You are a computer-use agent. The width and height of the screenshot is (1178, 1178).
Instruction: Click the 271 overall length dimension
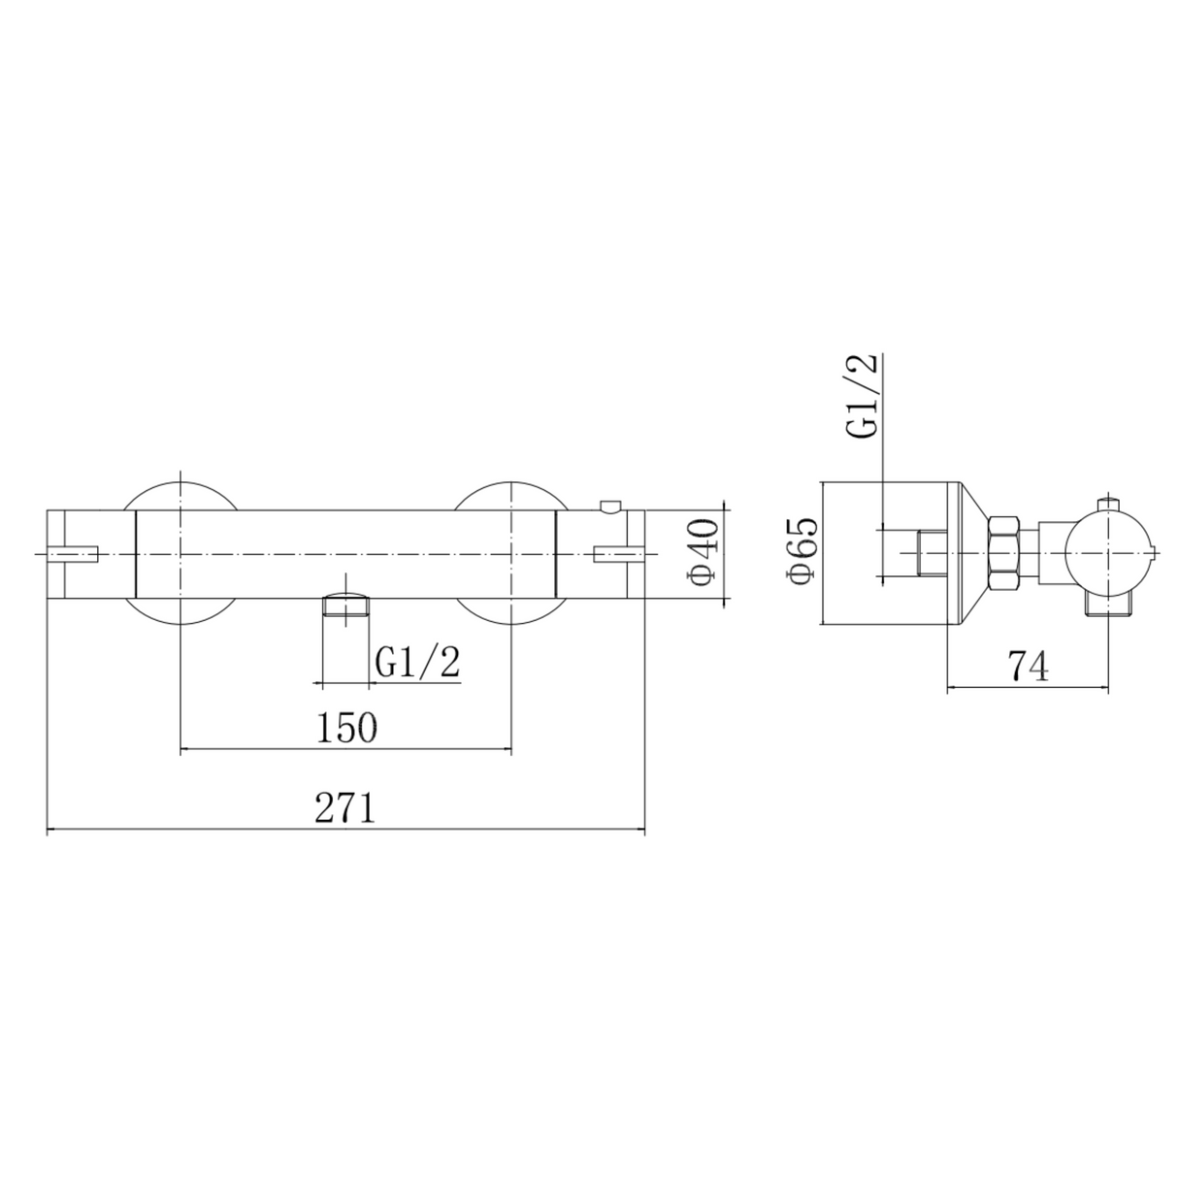[345, 808]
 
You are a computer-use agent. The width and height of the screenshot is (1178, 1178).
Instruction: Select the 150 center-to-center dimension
[346, 727]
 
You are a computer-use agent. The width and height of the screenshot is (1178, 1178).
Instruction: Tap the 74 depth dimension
[1028, 667]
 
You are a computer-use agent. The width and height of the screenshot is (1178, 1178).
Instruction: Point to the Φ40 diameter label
[704, 552]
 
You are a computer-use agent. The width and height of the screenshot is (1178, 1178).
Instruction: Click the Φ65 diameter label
[803, 552]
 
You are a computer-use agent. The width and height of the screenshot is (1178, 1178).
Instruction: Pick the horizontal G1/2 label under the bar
[417, 664]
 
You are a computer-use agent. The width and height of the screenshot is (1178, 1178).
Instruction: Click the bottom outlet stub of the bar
[346, 608]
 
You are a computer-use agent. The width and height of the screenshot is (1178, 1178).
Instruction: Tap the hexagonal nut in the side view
[1003, 554]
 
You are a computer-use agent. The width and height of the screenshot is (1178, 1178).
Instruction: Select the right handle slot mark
[610, 554]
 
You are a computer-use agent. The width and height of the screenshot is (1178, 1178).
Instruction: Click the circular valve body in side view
[1106, 554]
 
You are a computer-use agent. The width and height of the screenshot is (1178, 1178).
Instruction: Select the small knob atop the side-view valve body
[1107, 504]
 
